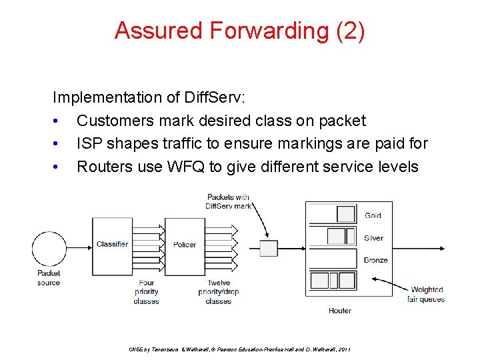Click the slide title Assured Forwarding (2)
point(239,31)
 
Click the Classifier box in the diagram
point(112,245)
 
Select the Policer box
point(185,245)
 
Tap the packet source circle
point(49,249)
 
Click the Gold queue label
point(373,215)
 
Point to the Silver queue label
point(374,238)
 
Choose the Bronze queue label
point(376,260)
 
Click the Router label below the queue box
point(340,311)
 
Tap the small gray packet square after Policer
point(268,249)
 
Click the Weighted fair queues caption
point(426,294)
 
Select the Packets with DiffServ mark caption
point(229,201)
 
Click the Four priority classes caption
point(146,291)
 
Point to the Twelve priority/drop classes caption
point(219,291)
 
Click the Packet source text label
point(49,277)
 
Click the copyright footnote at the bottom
point(239,349)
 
